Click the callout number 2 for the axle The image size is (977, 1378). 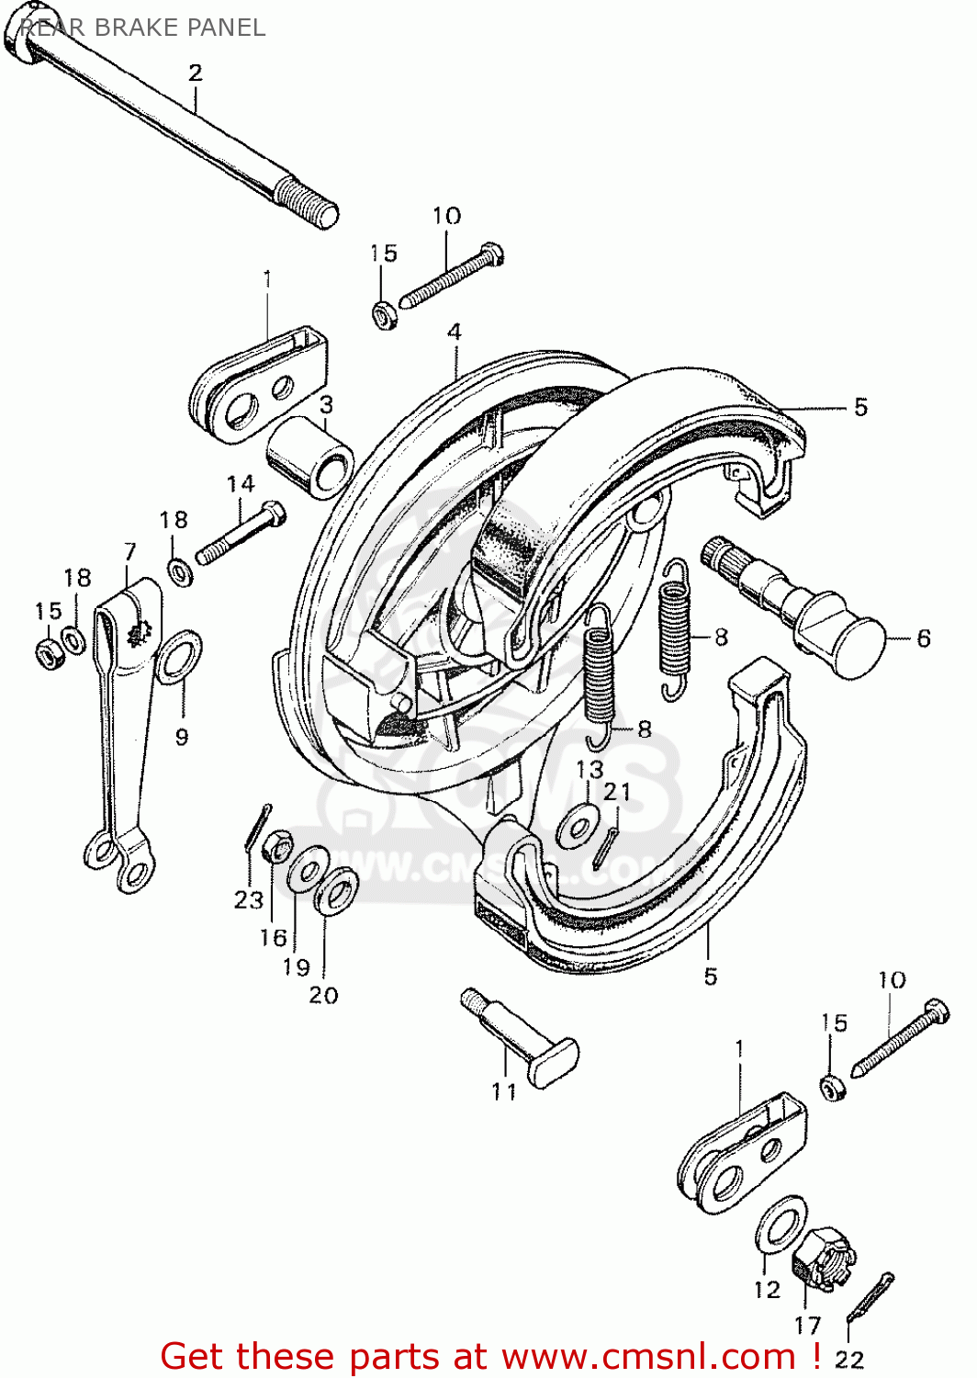coord(195,73)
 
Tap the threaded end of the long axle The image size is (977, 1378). coord(308,202)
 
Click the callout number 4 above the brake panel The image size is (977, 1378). coord(455,332)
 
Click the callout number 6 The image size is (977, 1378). coord(923,638)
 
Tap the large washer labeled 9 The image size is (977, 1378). coord(179,658)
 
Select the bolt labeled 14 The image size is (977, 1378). coord(241,532)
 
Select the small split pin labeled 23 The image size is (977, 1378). coord(257,826)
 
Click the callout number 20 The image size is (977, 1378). coord(323,995)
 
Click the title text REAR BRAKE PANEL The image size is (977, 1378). coord(142,28)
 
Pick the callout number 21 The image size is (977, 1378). coord(617,791)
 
